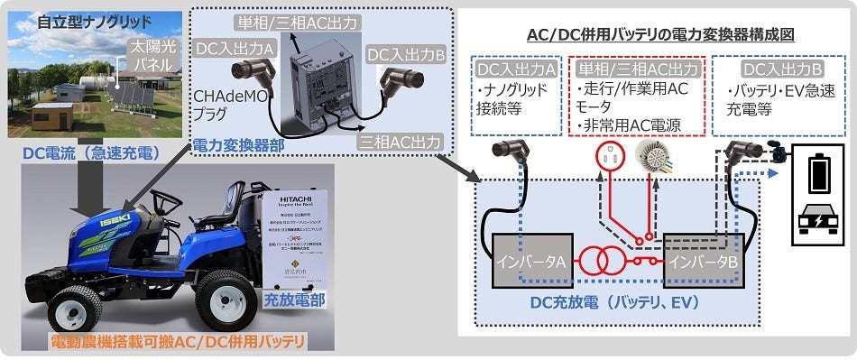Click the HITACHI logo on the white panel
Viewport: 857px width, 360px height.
[x=298, y=195]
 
